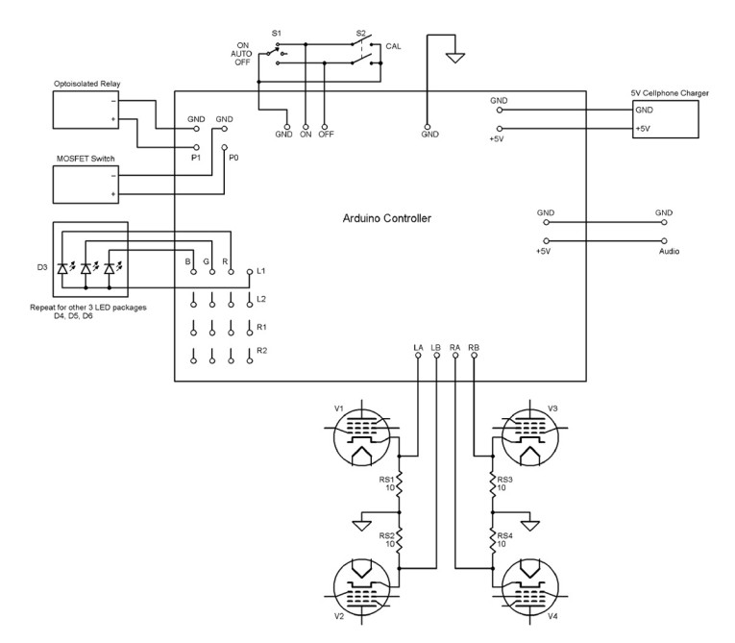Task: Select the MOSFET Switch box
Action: pyautogui.click(x=87, y=185)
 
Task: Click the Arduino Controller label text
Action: pyautogui.click(x=387, y=218)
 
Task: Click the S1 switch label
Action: pyautogui.click(x=277, y=33)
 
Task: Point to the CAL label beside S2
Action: pyautogui.click(x=393, y=46)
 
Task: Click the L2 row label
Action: pyautogui.click(x=260, y=299)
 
